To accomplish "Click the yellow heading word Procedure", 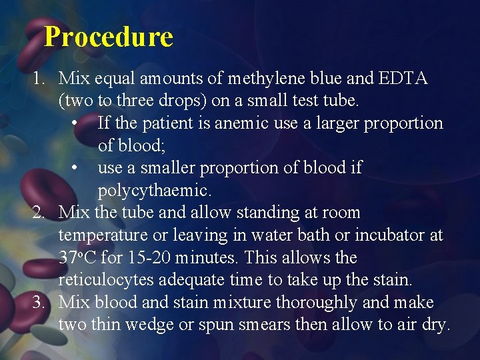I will click(x=109, y=37).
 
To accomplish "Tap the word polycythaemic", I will click(x=154, y=191).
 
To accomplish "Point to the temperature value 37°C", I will click(x=75, y=258).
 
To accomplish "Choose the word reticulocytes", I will click(x=105, y=280).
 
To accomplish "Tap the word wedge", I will click(x=157, y=325).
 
